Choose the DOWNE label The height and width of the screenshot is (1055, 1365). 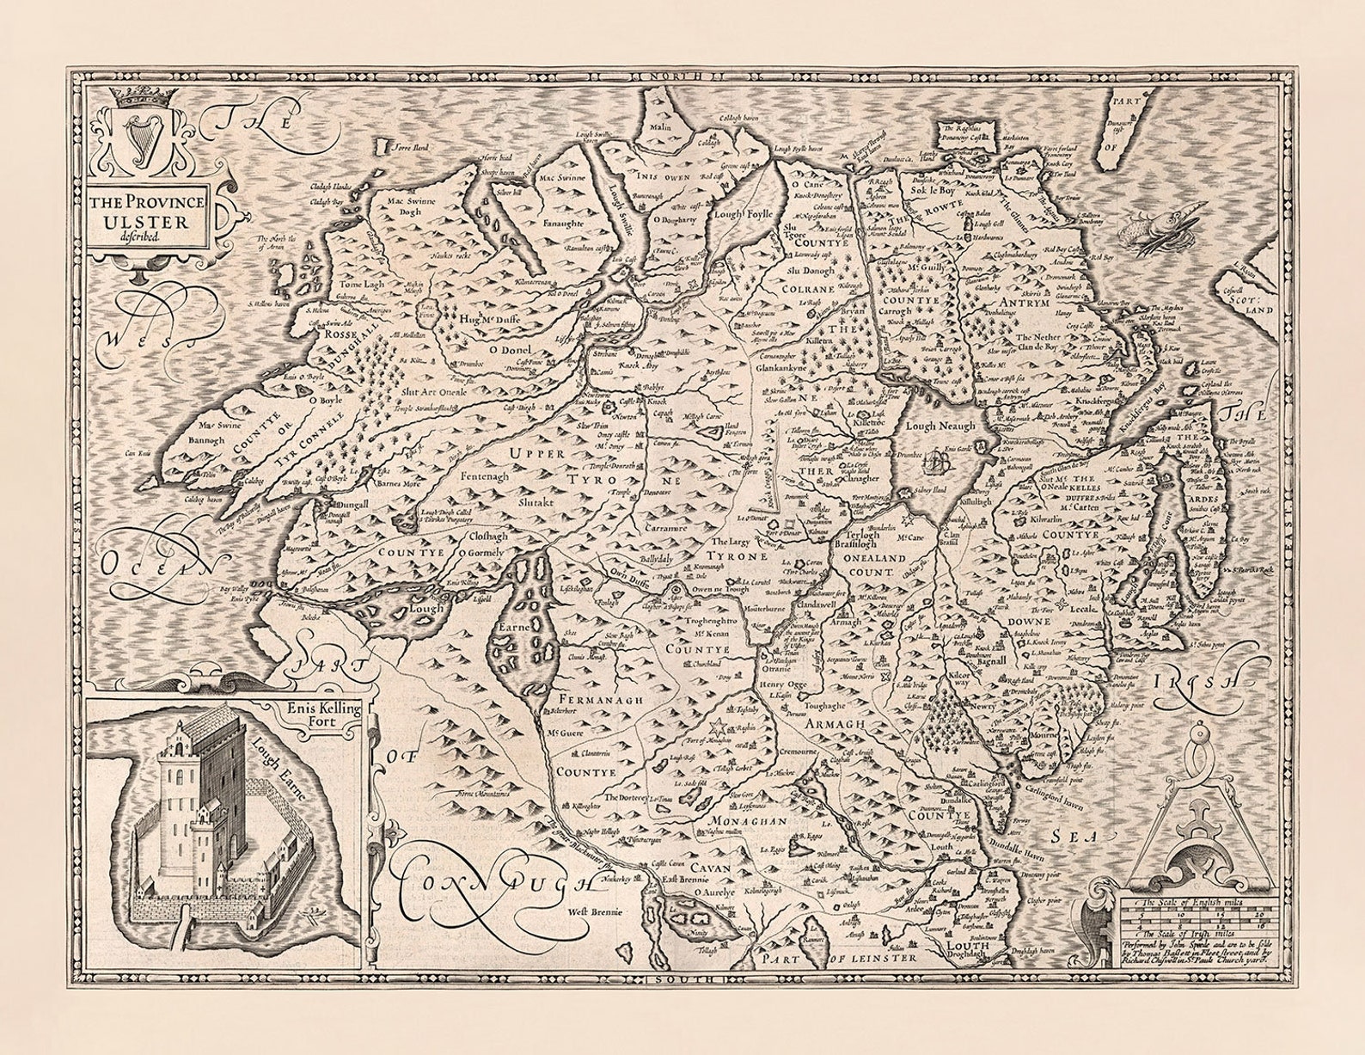pos(1031,622)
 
